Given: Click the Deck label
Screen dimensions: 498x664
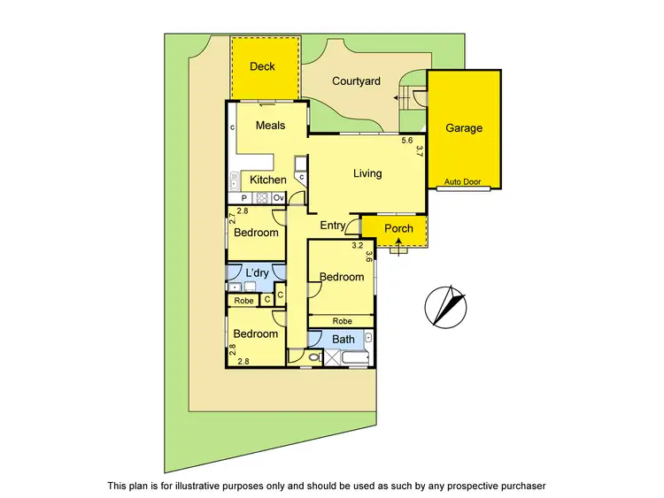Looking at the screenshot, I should [262, 66].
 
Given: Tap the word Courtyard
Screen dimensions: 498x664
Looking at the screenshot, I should [356, 81].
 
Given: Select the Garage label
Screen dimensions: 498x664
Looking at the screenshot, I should [463, 128].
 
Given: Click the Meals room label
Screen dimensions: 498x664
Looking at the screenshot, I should [270, 126].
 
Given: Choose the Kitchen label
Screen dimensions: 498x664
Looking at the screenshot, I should [267, 180].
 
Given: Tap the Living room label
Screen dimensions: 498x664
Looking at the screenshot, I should [367, 173].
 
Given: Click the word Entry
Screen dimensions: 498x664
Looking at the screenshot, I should [333, 226].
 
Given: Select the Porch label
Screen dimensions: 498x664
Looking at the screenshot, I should [398, 229].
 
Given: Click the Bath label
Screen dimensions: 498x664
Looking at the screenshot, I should [344, 339].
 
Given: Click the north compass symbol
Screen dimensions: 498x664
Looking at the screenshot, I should [446, 305].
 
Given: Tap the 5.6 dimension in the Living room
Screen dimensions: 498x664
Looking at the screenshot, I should [407, 141].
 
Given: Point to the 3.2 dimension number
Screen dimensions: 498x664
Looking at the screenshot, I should [358, 245].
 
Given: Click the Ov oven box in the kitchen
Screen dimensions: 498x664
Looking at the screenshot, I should [278, 197].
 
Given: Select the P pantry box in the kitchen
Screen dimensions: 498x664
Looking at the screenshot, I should [243, 197].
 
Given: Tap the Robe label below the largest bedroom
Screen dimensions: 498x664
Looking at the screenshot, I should [342, 321].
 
